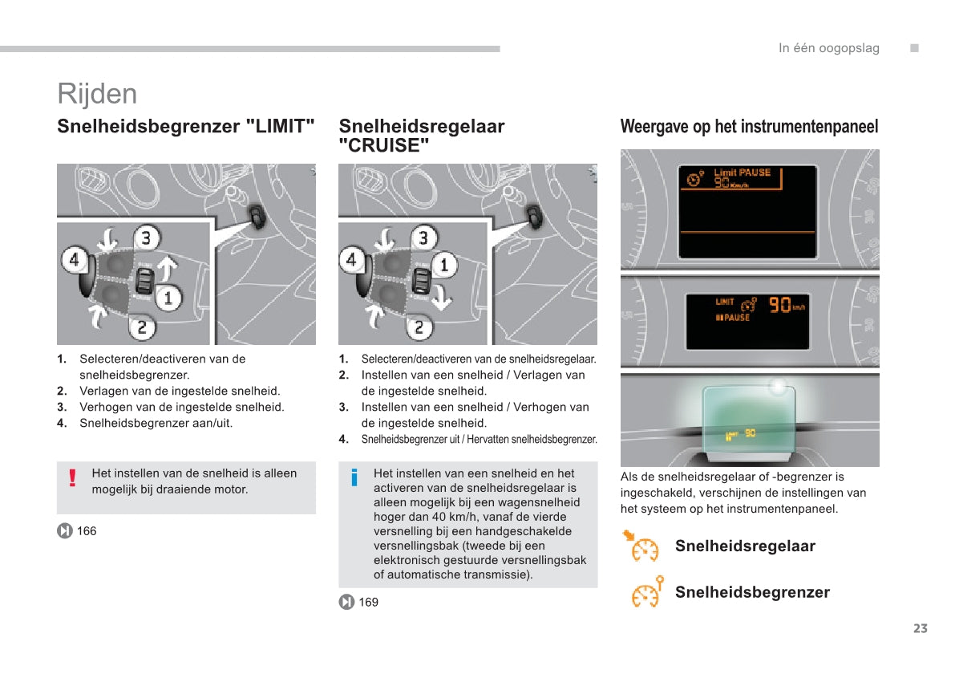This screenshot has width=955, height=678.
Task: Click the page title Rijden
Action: coord(97,94)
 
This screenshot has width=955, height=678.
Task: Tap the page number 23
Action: coord(920,628)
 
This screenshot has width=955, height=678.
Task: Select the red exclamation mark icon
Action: coord(72,479)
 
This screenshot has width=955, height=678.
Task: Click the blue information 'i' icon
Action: coord(354,479)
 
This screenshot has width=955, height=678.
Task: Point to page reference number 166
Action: coord(87,531)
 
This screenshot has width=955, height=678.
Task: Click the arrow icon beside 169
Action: coord(346,602)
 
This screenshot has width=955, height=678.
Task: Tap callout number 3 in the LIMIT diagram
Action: coord(146,238)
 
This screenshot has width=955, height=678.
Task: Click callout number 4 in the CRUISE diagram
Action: coord(351,260)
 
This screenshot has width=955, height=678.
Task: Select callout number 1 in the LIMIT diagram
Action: coord(168,298)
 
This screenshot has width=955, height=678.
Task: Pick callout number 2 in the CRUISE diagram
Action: coord(419,327)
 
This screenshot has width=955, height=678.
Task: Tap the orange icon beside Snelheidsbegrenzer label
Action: coord(646,593)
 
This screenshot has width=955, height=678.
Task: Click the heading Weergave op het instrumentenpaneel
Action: coord(749,127)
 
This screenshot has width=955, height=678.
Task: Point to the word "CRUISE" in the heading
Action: coord(384,146)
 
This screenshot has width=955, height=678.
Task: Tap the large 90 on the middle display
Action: coord(779,304)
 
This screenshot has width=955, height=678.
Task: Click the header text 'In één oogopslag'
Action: coord(828,48)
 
